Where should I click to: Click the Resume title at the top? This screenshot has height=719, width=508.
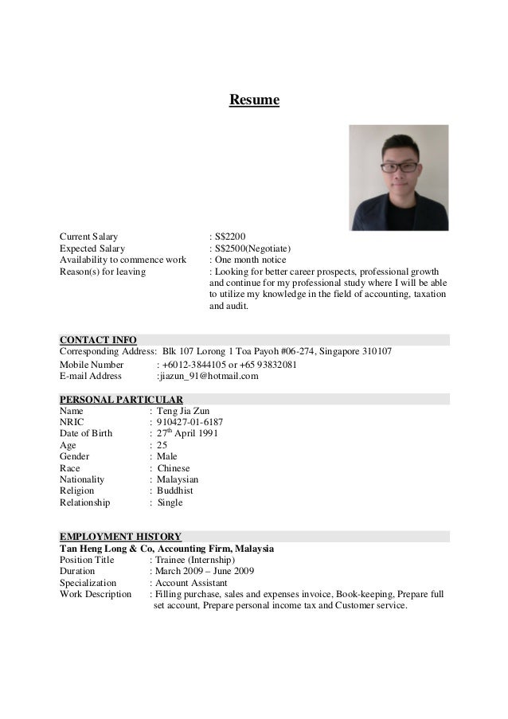tap(255, 100)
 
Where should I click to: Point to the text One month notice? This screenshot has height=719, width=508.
tap(251, 260)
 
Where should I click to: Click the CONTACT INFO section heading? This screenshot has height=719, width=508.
tap(98, 340)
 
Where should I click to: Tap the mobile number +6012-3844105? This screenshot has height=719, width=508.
tap(190, 365)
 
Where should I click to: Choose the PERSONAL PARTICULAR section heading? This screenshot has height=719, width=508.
tap(122, 399)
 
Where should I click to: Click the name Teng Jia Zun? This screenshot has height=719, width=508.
tap(183, 411)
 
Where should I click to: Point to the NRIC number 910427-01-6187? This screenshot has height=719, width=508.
tap(190, 423)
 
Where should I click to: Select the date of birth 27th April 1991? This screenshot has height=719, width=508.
tap(187, 434)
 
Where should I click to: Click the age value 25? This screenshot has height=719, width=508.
tap(162, 446)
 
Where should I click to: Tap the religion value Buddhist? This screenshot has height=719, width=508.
tap(175, 491)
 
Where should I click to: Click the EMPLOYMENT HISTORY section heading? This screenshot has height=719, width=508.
tap(121, 537)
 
